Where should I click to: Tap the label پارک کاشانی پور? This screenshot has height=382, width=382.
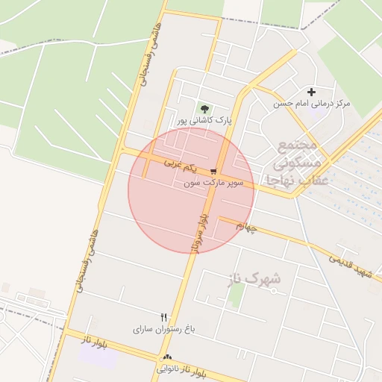(x=204, y=119)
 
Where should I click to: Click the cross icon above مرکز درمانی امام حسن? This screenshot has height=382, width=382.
(x=311, y=92)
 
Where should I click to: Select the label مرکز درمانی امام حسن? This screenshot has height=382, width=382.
(x=312, y=103)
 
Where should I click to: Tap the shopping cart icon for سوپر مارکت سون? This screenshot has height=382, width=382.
(x=213, y=171)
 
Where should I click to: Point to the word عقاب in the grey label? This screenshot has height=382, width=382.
(x=309, y=179)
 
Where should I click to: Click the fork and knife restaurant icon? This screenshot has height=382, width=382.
(x=164, y=316)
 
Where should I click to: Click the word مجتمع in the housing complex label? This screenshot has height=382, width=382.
(x=298, y=144)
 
